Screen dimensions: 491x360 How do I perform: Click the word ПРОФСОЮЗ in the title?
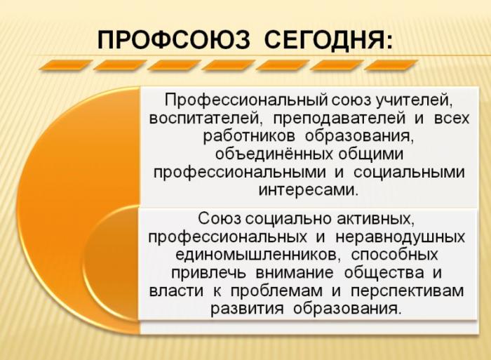click(174, 40)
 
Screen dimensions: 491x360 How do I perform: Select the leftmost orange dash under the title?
click(62, 65)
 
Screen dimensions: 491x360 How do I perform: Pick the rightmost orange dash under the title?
click(391, 65)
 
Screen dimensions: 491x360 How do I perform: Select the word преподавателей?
click(339, 119)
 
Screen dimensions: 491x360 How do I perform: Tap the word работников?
click(249, 137)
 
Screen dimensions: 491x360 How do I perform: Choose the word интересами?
click(308, 190)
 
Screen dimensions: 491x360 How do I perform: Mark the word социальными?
click(409, 173)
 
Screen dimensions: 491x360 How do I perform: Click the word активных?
click(375, 219)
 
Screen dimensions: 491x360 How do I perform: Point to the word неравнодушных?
click(400, 237)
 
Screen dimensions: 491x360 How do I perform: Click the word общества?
click(384, 273)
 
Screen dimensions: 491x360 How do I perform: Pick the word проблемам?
click(276, 291)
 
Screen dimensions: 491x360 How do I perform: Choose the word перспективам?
click(407, 291)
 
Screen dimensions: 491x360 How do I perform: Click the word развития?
click(247, 309)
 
